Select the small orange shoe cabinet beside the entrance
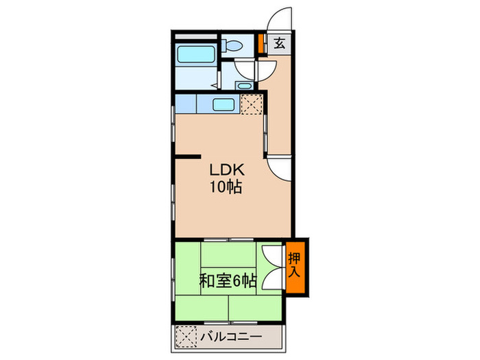point(261,43)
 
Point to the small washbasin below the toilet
point(242,86)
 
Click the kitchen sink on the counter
point(224,104)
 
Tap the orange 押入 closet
point(296,266)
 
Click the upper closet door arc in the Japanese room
point(274,256)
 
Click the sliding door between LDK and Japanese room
point(230,239)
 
